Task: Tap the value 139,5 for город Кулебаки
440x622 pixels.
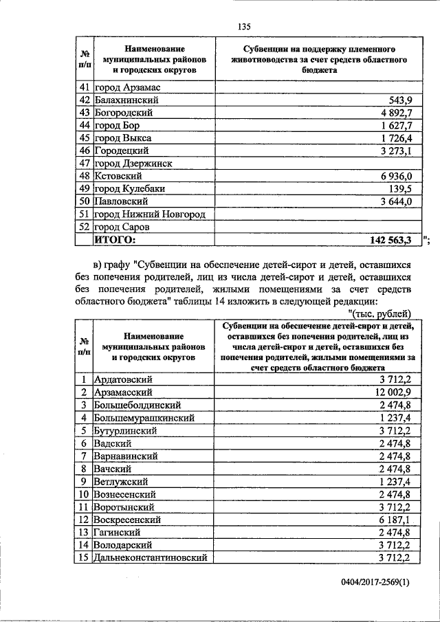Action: click(x=398, y=189)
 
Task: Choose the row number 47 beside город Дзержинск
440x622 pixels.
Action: click(x=85, y=164)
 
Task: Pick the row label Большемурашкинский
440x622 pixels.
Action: click(x=144, y=418)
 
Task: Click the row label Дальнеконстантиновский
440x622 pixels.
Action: click(x=151, y=558)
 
